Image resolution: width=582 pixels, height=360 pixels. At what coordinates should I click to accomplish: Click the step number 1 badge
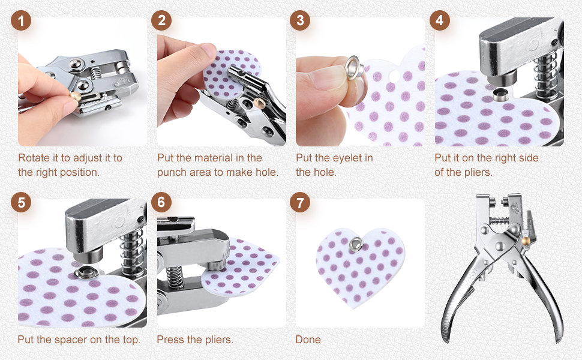pos(21,20)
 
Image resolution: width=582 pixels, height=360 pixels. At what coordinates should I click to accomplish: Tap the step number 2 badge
pos(161,20)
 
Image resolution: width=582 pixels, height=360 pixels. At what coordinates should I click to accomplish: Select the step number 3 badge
pos(300,20)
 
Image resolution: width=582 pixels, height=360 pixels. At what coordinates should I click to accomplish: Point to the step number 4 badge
pos(439,20)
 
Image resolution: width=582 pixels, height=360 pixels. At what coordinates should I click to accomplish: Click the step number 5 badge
pos(21,202)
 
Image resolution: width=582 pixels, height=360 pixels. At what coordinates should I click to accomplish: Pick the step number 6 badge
pos(161,202)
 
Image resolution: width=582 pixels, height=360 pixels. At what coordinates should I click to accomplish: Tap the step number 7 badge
pos(300,202)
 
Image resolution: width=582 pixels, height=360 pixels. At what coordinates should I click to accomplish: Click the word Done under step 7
pos(308,340)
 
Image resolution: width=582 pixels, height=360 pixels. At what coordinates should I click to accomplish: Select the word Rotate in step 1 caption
pos(34,158)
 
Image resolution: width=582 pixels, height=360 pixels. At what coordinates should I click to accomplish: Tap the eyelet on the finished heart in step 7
pos(356,244)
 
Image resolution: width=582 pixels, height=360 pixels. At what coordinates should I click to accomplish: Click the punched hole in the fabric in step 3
pos(393,76)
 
